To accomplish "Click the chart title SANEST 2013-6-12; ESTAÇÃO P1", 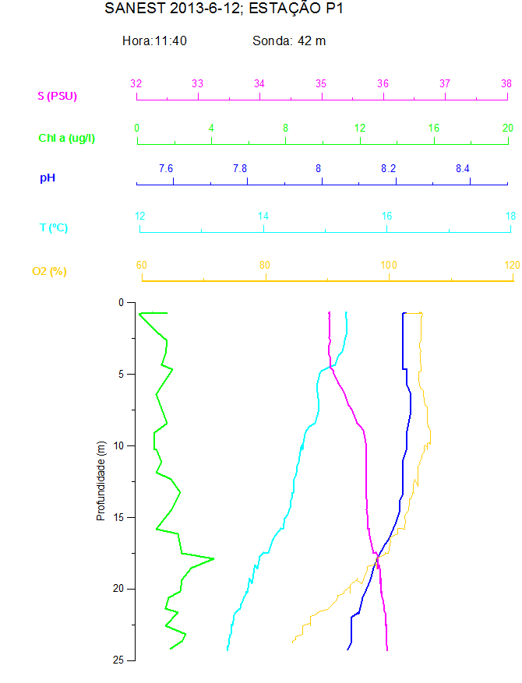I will click(224, 9).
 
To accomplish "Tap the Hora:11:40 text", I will click(154, 40).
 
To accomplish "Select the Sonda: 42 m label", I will click(289, 40).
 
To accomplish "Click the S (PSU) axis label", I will click(58, 96).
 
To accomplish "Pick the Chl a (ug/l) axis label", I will click(67, 138).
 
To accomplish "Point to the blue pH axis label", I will click(48, 178).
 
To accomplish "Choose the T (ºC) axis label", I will click(54, 227).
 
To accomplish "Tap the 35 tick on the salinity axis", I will click(321, 84).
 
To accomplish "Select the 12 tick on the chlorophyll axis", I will click(360, 128).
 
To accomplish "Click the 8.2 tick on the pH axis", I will click(388, 169).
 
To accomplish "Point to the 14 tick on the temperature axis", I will click(263, 216).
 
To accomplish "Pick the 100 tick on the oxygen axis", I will click(388, 265).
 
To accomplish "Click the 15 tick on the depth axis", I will click(119, 517).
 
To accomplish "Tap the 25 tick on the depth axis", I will click(119, 660).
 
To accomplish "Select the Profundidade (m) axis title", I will click(101, 481).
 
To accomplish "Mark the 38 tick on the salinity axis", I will click(506, 84).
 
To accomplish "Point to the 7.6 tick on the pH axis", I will click(166, 169).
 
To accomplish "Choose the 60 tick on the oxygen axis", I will click(142, 265).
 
